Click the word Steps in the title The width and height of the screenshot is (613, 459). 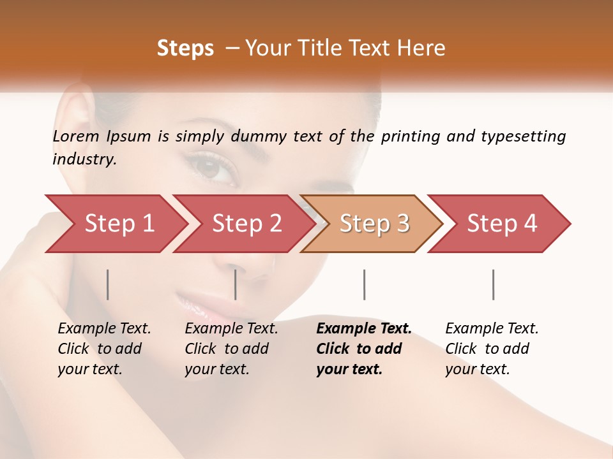pos(185,48)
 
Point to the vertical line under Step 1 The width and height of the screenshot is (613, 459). pos(108,284)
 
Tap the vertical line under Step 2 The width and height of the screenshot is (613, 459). pos(236,284)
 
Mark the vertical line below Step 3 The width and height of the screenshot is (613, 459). pos(364,284)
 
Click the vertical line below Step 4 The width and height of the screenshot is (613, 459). pos(493,284)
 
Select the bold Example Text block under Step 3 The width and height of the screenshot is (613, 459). pos(363,349)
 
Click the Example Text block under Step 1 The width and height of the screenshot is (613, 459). pos(104,349)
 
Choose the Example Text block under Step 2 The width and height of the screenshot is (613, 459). pos(231,349)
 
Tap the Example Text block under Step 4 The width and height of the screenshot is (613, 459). pos(492,349)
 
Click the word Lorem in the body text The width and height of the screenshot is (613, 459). pos(76,136)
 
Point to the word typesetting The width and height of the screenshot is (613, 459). pos(523,136)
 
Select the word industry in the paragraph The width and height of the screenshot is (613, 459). pos(84,159)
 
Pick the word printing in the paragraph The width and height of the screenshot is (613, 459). pos(409,136)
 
